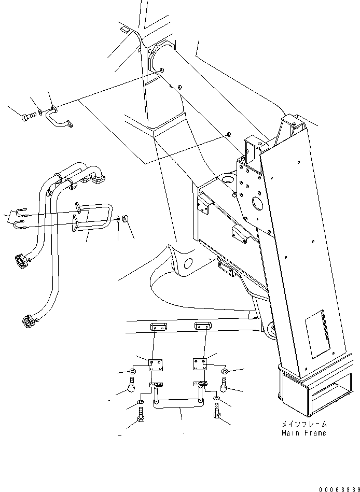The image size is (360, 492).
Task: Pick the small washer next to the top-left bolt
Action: pos(40,113)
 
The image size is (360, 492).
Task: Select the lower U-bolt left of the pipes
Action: pos(21,226)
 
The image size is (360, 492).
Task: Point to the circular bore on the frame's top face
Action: pos(228,180)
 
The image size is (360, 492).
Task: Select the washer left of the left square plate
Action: pos(133,371)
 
